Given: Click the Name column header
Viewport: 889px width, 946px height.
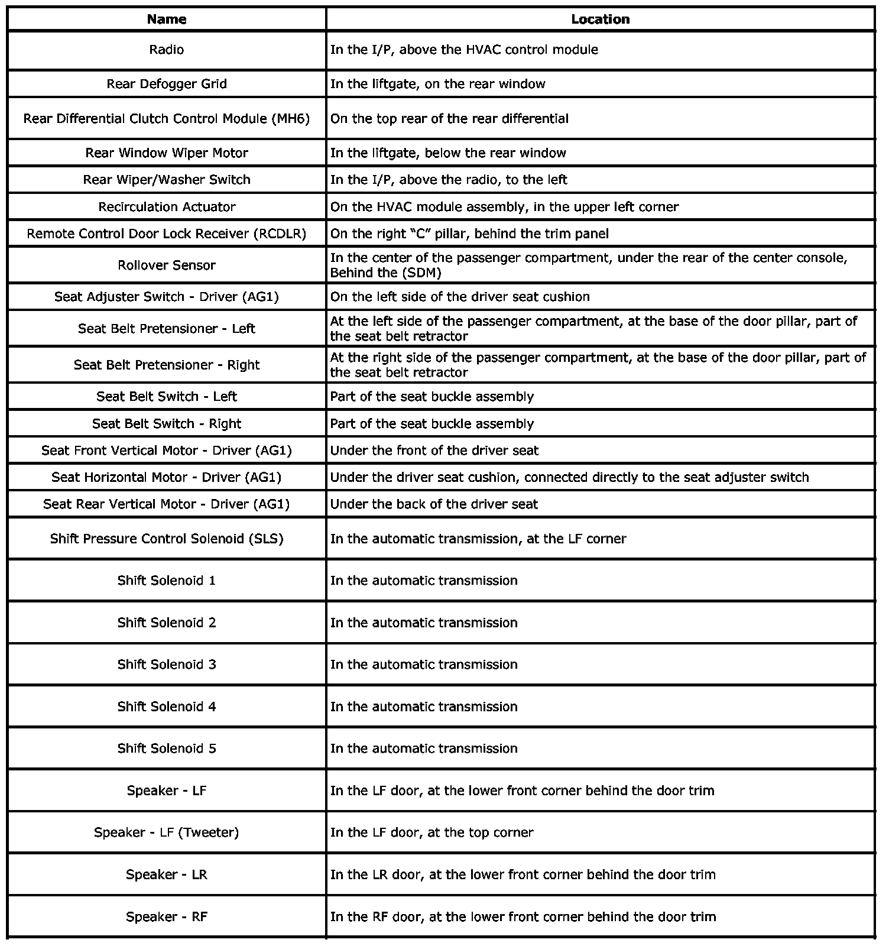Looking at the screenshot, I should point(167,20).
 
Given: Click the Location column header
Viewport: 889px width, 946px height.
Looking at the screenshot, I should point(600,20).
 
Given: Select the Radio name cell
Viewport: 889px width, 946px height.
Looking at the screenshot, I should point(167,50).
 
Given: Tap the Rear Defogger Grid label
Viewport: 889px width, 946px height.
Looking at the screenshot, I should point(167,84).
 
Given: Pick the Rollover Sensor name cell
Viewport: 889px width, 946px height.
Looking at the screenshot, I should point(167,265).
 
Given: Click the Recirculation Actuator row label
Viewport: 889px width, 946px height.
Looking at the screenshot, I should point(167,207).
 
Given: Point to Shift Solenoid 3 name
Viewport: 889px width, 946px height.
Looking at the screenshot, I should point(167,665).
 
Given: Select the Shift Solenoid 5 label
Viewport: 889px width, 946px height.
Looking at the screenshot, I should point(167,749).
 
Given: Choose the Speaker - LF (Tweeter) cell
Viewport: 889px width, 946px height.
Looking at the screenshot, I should point(167,832).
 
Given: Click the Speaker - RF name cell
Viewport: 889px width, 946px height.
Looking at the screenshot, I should point(167,917).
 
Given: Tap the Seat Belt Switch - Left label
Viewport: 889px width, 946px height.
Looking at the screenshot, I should point(167,397).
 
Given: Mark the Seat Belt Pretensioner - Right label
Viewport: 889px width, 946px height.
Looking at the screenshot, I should point(167,365).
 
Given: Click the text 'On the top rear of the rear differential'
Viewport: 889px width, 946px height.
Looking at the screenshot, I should point(449,119).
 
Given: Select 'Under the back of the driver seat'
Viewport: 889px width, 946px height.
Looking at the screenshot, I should point(434,504).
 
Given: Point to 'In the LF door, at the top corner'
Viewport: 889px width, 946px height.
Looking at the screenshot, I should point(431,832).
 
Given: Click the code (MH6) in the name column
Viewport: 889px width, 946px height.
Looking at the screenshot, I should point(290,119).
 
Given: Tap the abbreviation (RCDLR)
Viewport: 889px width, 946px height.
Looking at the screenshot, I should point(280,234).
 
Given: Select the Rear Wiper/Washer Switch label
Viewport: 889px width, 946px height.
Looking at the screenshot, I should point(167,180).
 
